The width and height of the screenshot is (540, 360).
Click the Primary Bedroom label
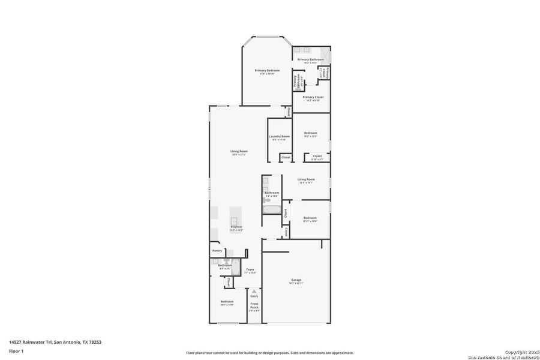pyautogui.click(x=267, y=72)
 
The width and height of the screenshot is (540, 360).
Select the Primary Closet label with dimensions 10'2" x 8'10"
pyautogui.click(x=313, y=98)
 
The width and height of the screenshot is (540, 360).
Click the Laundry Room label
pyautogui.click(x=279, y=137)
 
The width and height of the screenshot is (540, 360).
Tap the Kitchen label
pyautogui.click(x=236, y=228)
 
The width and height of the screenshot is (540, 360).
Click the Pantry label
pyautogui.click(x=217, y=251)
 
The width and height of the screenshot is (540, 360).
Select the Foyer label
pyautogui.click(x=250, y=271)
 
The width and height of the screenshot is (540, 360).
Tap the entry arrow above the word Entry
pyautogui.click(x=254, y=291)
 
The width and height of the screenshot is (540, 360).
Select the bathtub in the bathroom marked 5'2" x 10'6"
pyautogui.click(x=272, y=210)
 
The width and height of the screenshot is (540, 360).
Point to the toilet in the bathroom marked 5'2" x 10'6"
pyautogui.click(x=267, y=200)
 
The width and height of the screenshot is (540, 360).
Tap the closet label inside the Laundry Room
pyautogui.click(x=286, y=157)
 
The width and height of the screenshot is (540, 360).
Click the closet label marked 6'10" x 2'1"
pyautogui.click(x=317, y=158)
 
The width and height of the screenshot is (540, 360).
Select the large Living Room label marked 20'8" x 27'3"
pyautogui.click(x=239, y=152)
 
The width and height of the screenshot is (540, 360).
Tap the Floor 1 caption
pyautogui.click(x=16, y=350)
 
